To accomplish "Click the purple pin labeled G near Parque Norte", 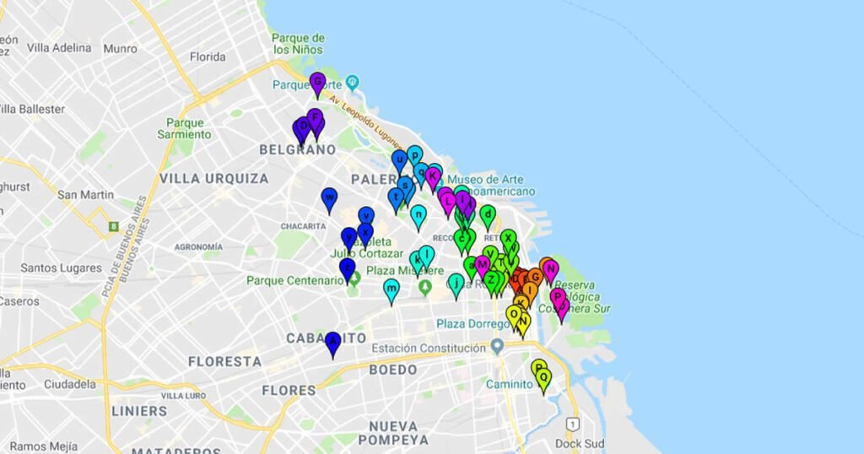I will [x=317, y=83].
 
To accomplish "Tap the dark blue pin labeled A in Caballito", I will [x=332, y=342].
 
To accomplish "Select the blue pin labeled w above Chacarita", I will [x=329, y=198].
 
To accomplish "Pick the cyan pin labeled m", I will [x=391, y=289].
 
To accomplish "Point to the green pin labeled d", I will [x=487, y=215].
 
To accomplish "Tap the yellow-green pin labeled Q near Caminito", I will [x=543, y=378].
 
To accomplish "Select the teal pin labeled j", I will [x=456, y=284].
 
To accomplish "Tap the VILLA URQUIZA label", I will [x=213, y=179].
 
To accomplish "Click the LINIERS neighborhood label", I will [x=138, y=411].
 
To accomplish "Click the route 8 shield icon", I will [x=113, y=226].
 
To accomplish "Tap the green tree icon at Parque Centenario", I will [x=355, y=278].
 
